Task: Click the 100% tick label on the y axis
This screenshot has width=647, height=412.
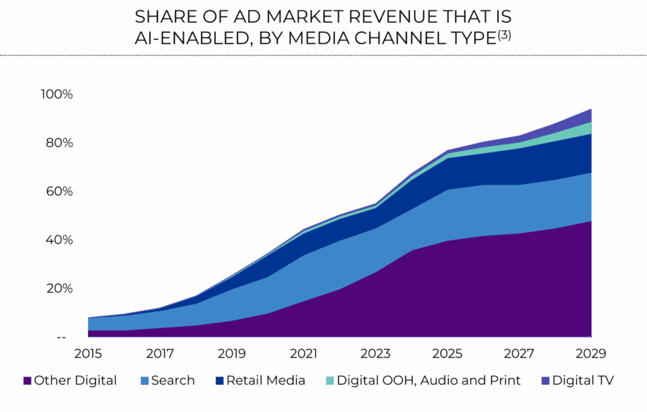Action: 57,95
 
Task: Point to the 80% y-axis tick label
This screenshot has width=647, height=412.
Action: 58,143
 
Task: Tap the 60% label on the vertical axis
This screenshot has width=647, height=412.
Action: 58,192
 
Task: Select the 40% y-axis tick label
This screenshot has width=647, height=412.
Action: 58,241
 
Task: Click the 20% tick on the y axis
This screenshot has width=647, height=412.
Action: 58,289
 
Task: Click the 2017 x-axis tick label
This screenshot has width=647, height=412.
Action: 160,353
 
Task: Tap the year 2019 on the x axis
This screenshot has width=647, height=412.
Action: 232,353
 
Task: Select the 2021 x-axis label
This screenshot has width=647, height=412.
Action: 305,353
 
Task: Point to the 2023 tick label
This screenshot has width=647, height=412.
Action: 376,353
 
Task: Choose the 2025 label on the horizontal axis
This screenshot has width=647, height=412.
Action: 448,353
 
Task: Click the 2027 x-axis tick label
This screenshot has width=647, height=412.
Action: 519,353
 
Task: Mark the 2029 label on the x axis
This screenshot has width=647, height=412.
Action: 591,353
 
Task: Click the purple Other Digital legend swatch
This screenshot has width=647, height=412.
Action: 27,381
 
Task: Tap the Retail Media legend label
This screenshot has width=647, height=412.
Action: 265,381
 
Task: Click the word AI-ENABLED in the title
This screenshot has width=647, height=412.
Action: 179,37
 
